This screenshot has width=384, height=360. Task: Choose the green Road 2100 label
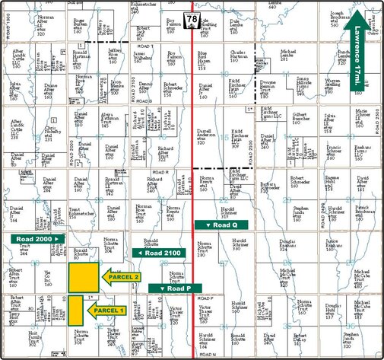[x=159, y=253]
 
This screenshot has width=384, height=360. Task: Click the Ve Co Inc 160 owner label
[x=47, y=279]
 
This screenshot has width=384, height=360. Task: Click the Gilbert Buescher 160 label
[x=281, y=121]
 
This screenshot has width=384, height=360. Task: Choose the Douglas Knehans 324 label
[x=291, y=248]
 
